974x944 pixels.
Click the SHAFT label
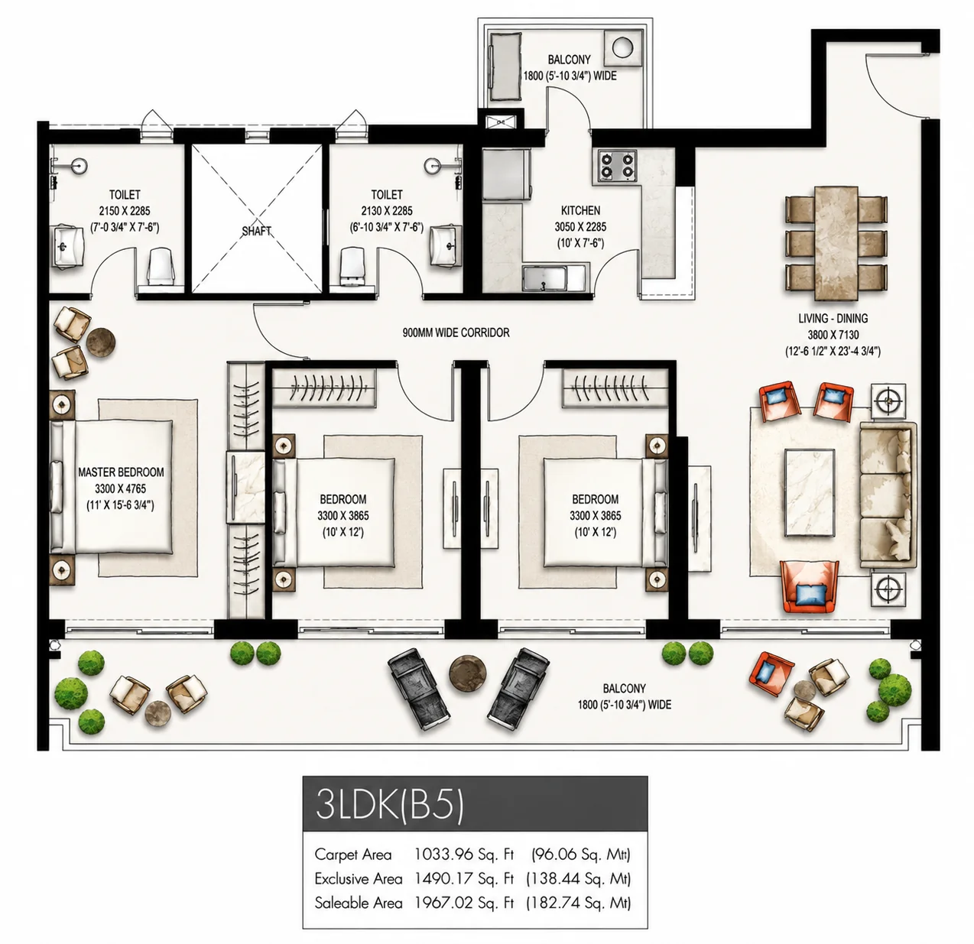[256, 232]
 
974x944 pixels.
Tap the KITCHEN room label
[580, 210]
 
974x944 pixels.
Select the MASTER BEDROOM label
[121, 472]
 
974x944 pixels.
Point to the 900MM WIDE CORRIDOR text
[456, 333]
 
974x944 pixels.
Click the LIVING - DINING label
[833, 318]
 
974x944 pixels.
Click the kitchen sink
[545, 278]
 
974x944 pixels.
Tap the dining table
[836, 243]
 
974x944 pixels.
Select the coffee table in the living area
[810, 492]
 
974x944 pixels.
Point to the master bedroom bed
[112, 487]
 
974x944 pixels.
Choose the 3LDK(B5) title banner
[475, 805]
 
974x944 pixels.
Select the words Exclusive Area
[359, 879]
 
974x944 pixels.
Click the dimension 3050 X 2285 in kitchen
[580, 227]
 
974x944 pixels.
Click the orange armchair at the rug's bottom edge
[809, 586]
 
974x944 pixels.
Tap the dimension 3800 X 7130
[833, 335]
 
